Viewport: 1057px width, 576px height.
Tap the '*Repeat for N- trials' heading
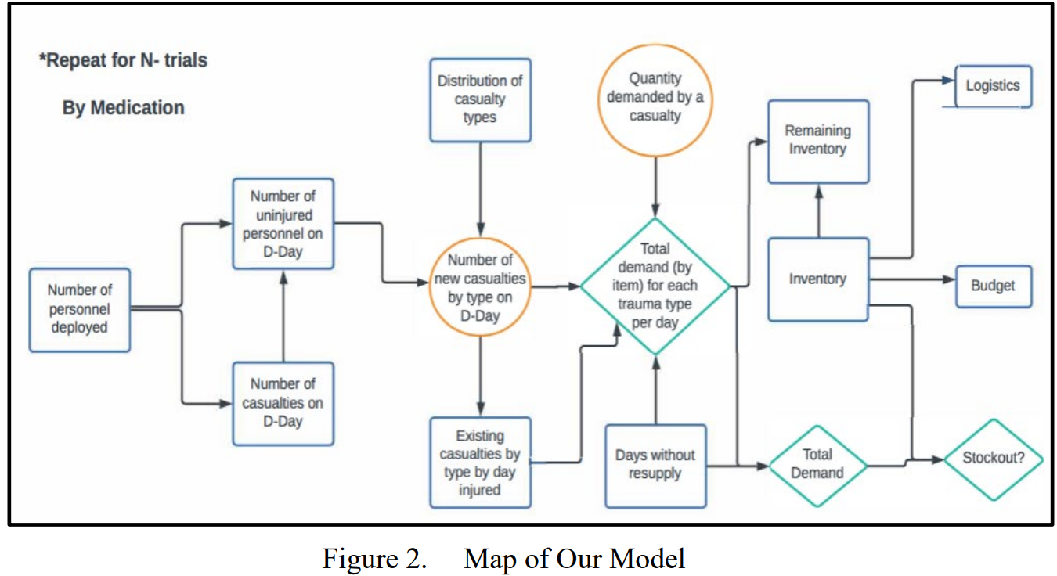[123, 60]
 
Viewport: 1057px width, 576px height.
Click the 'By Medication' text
[123, 108]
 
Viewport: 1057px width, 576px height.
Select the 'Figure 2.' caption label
[375, 559]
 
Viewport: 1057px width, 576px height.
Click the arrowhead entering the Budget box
[950, 279]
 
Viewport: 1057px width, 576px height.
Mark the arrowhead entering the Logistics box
[948, 80]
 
